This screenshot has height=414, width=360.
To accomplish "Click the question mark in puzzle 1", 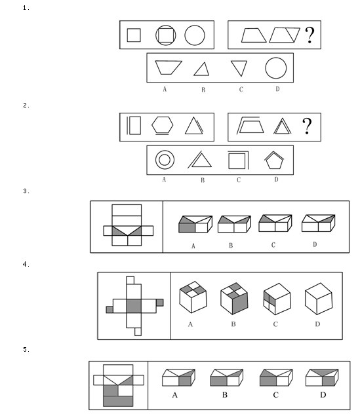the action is coord(310,35).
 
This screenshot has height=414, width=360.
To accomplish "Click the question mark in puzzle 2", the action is coord(307,126).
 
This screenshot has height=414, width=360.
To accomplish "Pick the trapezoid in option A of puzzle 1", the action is coord(169,67).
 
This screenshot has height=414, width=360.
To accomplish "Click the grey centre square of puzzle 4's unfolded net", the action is coord(134,306).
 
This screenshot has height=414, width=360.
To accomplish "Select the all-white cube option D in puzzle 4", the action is coord(319,299).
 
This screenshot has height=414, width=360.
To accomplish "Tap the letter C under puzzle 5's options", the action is coord(275,395).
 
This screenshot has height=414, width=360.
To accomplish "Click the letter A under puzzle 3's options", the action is coord(193,246).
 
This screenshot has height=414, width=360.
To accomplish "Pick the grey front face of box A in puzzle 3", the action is coord(187,228).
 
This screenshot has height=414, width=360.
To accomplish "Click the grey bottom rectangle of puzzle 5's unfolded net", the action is coord(118,401).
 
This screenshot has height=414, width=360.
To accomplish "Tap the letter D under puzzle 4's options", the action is coord(318,324).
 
